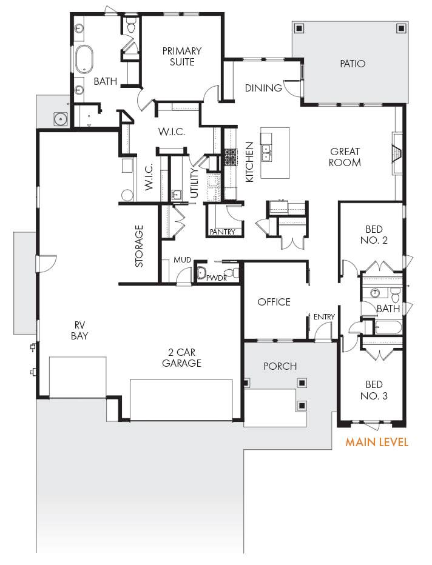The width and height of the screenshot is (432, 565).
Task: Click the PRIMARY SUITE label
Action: [x=182, y=56]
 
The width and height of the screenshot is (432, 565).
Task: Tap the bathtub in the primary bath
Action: [x=84, y=59]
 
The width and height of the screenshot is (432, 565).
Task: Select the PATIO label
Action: [x=353, y=64]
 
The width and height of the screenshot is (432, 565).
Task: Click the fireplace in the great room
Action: [x=397, y=153]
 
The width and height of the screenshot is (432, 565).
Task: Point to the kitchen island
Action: [x=275, y=152]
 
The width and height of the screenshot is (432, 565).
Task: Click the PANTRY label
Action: [x=223, y=232]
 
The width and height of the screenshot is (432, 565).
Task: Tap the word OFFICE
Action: [x=274, y=302]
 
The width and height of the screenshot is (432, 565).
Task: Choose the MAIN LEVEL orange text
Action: [x=377, y=442]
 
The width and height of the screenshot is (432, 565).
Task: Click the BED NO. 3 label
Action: [x=374, y=390]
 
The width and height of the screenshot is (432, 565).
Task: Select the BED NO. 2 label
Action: [x=374, y=235]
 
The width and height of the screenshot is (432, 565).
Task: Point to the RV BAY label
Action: [x=79, y=330]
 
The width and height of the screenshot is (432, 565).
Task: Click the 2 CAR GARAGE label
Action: [x=182, y=358]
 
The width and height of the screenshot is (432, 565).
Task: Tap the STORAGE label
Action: [x=139, y=246]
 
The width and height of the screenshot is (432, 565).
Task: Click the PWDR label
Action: [x=217, y=278]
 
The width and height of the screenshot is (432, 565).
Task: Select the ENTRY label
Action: [x=324, y=316]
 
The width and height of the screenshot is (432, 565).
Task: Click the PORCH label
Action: [x=280, y=366]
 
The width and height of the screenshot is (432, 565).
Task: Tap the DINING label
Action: [x=263, y=88]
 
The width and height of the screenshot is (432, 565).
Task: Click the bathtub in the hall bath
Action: [x=388, y=327]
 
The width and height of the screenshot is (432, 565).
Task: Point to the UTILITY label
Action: [x=194, y=183]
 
